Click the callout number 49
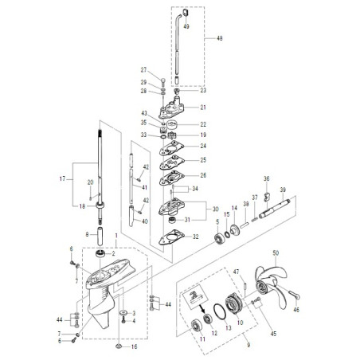186,26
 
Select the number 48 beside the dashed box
219,37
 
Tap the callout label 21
202,108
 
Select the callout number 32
196,237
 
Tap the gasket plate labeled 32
169,237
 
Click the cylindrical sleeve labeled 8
101,237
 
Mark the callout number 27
144,70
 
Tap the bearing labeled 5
217,239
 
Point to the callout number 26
202,175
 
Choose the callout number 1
115,237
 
